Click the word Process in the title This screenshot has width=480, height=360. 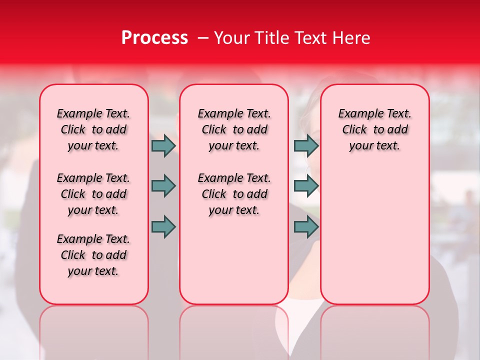tap(154, 38)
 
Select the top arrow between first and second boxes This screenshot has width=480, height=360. tap(163, 145)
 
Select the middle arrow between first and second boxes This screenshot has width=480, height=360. tap(163, 186)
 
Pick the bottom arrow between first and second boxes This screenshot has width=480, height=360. tap(163, 227)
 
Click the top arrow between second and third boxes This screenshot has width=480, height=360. tap(306, 145)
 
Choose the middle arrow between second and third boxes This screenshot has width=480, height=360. tap(306, 186)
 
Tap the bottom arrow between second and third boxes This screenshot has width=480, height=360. tap(306, 227)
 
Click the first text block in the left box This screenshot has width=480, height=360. tap(93, 129)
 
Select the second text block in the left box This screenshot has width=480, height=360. tap(93, 194)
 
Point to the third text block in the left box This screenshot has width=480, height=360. tap(93, 255)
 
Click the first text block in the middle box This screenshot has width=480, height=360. tap(234, 129)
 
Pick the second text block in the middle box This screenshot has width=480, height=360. tap(234, 194)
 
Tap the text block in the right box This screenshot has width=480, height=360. tap(375, 129)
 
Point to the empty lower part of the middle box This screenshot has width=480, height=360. tap(234, 260)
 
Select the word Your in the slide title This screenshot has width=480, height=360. tap(230, 38)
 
